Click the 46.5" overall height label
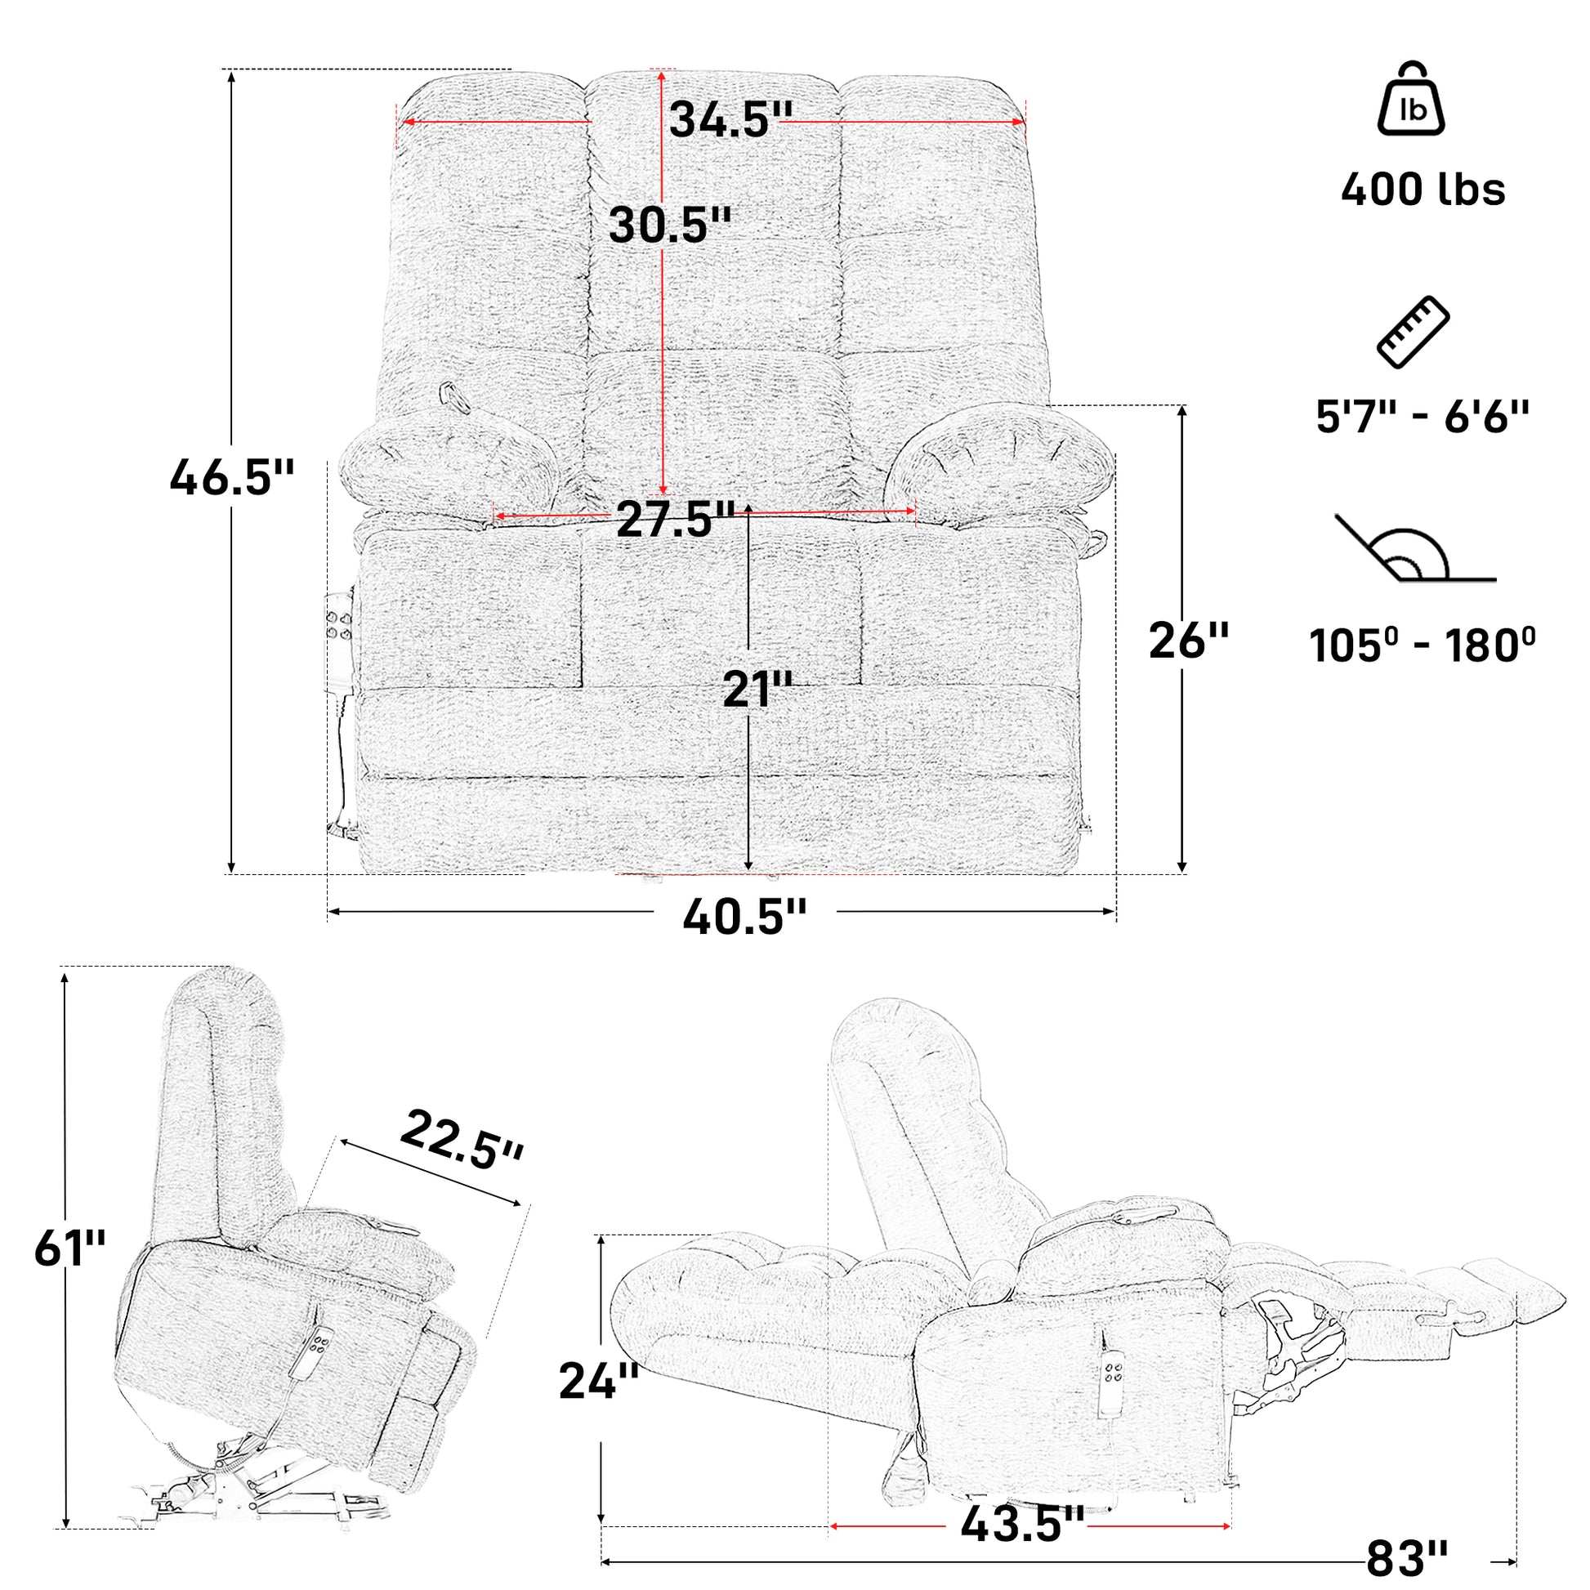point(231,477)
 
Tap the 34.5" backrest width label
point(730,119)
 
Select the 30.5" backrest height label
point(670,225)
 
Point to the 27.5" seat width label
point(675,519)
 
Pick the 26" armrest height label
point(1188,641)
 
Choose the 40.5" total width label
point(745,916)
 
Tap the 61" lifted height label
point(70,1248)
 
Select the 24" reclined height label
point(598,1381)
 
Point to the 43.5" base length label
point(1022,1525)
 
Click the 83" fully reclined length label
point(1406,1558)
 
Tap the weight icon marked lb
point(1411,100)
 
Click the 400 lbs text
point(1423,190)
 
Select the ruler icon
point(1413,332)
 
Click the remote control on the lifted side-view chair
point(314,1353)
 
